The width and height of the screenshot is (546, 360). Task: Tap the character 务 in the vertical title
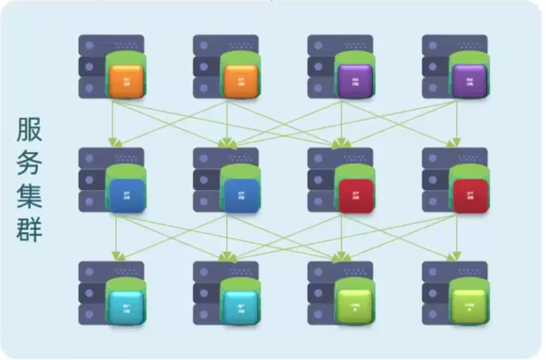point(30,165)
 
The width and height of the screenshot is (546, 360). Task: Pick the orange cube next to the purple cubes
point(240,81)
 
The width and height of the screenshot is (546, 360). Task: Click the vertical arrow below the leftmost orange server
point(114,123)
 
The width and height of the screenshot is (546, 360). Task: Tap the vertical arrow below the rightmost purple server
point(456,123)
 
